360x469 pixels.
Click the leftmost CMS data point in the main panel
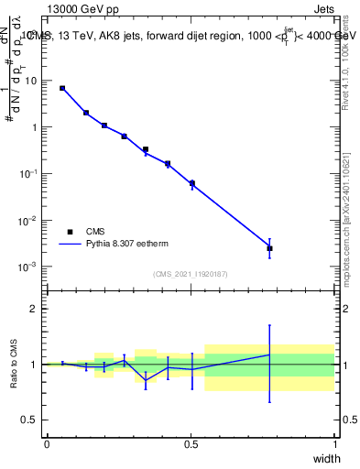pyautogui.click(x=62, y=88)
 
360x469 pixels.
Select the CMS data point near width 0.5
pyautogui.click(x=191, y=183)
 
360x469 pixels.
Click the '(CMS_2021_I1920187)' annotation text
pyautogui.click(x=190, y=274)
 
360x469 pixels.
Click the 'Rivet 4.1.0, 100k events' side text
pyautogui.click(x=345, y=57)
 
